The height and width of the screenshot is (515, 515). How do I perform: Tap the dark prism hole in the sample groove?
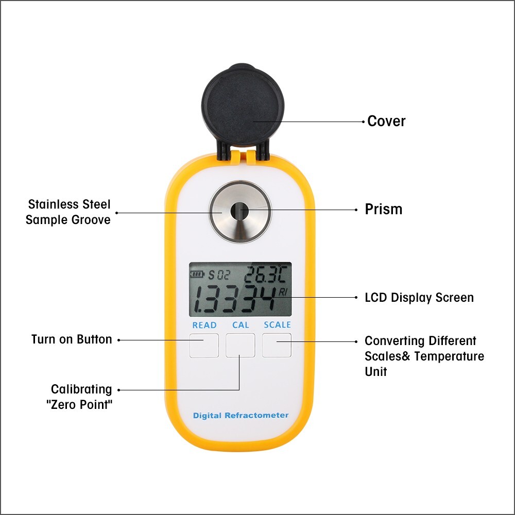(x=239, y=211)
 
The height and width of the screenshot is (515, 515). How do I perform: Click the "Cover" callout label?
(x=386, y=122)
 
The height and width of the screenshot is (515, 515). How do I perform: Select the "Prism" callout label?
(x=383, y=210)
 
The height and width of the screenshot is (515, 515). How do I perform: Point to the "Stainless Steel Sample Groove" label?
(x=68, y=212)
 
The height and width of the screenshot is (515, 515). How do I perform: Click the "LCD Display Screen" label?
(x=419, y=298)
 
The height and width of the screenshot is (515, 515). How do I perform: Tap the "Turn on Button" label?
(x=72, y=339)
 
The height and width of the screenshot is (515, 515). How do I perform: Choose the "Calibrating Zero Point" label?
(x=81, y=397)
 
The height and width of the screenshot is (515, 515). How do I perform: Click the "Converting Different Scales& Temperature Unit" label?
(x=424, y=356)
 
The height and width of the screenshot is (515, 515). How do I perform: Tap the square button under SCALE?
(x=277, y=345)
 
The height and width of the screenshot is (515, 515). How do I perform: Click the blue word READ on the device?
(x=204, y=325)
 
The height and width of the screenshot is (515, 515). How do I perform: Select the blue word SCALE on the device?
(x=277, y=325)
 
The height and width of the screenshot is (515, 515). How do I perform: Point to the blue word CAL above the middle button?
(x=241, y=325)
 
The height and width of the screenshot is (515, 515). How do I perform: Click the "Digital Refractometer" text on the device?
(x=241, y=415)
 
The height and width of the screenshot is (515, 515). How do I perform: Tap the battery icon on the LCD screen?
(x=197, y=274)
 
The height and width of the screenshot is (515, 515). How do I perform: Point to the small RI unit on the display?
(x=284, y=292)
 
